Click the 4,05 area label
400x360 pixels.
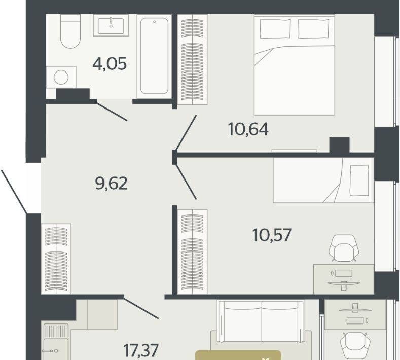[110, 64]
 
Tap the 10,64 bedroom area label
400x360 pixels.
[248, 129]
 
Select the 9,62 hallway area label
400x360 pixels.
[111, 183]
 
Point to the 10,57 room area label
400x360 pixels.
[272, 235]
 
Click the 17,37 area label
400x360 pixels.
[141, 350]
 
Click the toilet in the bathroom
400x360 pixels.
[70, 31]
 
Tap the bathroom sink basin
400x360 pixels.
[111, 26]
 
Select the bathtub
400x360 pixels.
[154, 56]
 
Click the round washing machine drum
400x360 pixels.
[61, 77]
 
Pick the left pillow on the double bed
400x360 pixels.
[275, 28]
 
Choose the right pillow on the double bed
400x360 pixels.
[313, 28]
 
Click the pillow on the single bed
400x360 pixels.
[359, 181]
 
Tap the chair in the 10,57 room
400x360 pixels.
[344, 248]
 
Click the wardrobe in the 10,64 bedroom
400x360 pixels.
[192, 59]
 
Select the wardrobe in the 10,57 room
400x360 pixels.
[192, 252]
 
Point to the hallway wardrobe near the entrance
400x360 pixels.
[56, 259]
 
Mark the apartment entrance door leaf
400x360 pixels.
[14, 192]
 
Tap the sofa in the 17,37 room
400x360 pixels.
[261, 321]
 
